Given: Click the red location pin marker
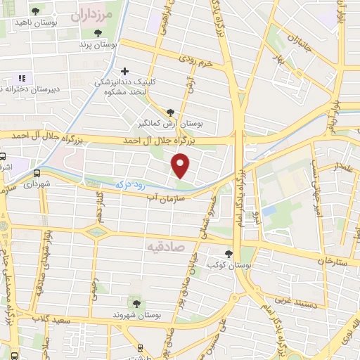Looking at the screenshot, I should [181, 166].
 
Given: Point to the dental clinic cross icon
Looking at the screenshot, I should [125, 70].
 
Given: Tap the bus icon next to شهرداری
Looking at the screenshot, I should [37, 172].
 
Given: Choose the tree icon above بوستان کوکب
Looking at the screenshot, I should [229, 254].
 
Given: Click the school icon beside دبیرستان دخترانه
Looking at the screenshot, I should [21, 78].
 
